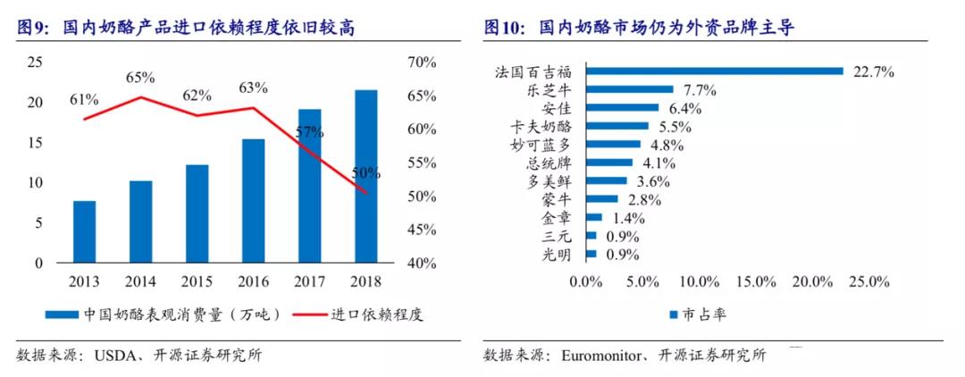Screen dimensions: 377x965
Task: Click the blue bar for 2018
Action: click(x=365, y=176)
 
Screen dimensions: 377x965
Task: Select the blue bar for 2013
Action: click(x=84, y=231)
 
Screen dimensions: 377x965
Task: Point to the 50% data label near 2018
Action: click(x=365, y=172)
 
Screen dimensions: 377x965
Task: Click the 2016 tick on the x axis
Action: click(x=253, y=281)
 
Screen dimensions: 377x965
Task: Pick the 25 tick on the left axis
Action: click(x=35, y=62)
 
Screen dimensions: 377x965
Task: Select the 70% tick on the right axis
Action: click(x=419, y=62)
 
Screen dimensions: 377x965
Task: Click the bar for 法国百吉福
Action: click(x=715, y=71)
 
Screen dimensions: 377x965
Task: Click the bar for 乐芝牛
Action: click(x=630, y=89)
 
